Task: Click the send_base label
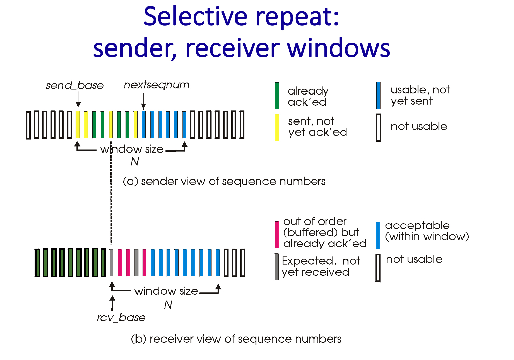[x=75, y=85]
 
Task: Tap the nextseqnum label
[x=156, y=85]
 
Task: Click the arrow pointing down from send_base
[x=78, y=100]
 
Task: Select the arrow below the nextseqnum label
[x=144, y=101]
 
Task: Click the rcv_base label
[x=121, y=318]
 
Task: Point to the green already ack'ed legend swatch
[x=277, y=96]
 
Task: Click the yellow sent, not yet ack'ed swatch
[x=277, y=127]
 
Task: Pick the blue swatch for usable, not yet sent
[x=378, y=96]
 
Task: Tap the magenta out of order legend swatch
[x=277, y=235]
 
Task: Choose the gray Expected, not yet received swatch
[x=276, y=267]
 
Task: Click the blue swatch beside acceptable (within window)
[x=378, y=235]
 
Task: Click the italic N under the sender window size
[x=135, y=162]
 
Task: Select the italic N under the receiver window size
[x=168, y=305]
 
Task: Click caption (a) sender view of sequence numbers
[x=224, y=181]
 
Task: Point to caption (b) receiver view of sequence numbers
[x=236, y=339]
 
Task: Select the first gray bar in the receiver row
[x=111, y=263]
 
